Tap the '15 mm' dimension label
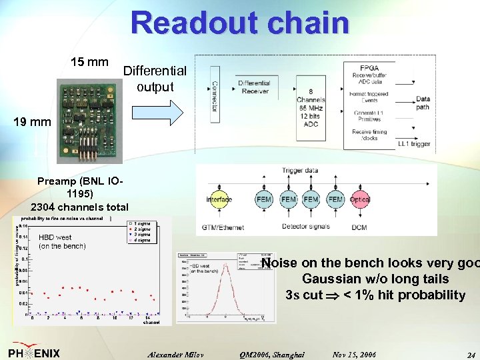[89, 63]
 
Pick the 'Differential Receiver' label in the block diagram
[254, 87]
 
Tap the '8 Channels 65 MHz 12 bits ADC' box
[311, 106]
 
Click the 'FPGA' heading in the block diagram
[369, 68]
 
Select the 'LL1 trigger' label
[414, 143]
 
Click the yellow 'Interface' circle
[219, 199]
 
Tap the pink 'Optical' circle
[359, 199]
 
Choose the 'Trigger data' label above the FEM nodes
[299, 171]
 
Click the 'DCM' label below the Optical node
[359, 227]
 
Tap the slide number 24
[471, 355]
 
